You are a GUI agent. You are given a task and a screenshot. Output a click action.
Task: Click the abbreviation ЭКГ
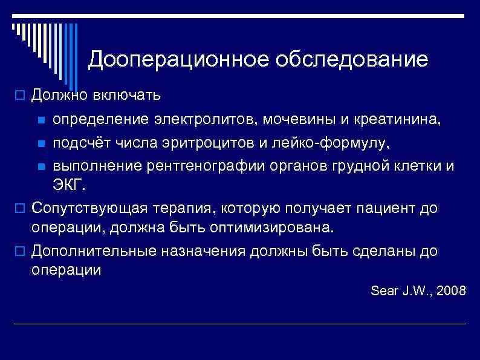[x=69, y=184]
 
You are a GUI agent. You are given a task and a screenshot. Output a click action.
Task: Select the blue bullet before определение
[x=41, y=120]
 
